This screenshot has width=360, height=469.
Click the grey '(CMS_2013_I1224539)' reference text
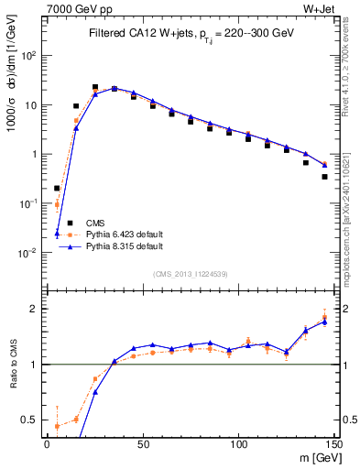191,273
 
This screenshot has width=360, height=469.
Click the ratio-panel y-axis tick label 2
35,309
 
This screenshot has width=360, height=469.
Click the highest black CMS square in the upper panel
95,88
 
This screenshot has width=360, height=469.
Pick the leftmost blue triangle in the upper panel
57,233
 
